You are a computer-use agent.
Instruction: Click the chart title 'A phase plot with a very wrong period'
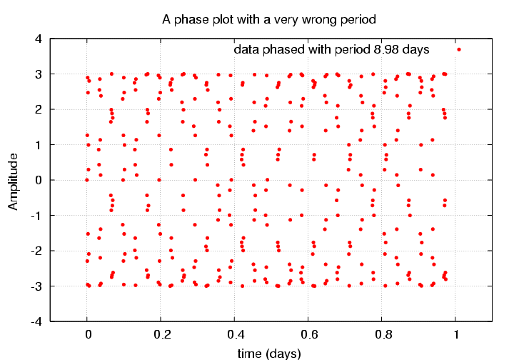point(269,18)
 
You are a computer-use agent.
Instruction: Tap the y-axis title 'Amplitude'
point(13,181)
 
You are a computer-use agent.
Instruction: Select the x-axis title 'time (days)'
point(269,353)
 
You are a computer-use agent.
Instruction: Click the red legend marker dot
point(459,50)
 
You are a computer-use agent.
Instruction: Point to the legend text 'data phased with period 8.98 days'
point(331,50)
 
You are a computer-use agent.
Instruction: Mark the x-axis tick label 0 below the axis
point(87,334)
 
